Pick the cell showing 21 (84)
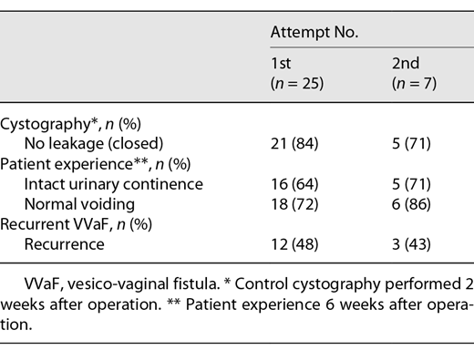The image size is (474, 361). pos(294,143)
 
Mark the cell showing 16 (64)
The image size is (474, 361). pos(294,184)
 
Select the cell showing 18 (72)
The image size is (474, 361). pos(294,204)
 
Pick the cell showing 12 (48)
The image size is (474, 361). pos(294,244)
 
